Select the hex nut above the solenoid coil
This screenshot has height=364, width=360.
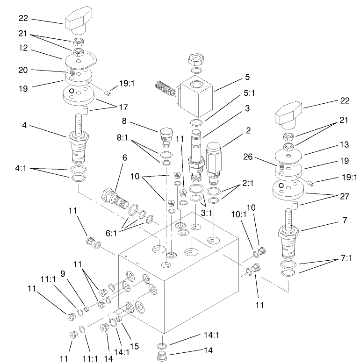pos(194,59)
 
